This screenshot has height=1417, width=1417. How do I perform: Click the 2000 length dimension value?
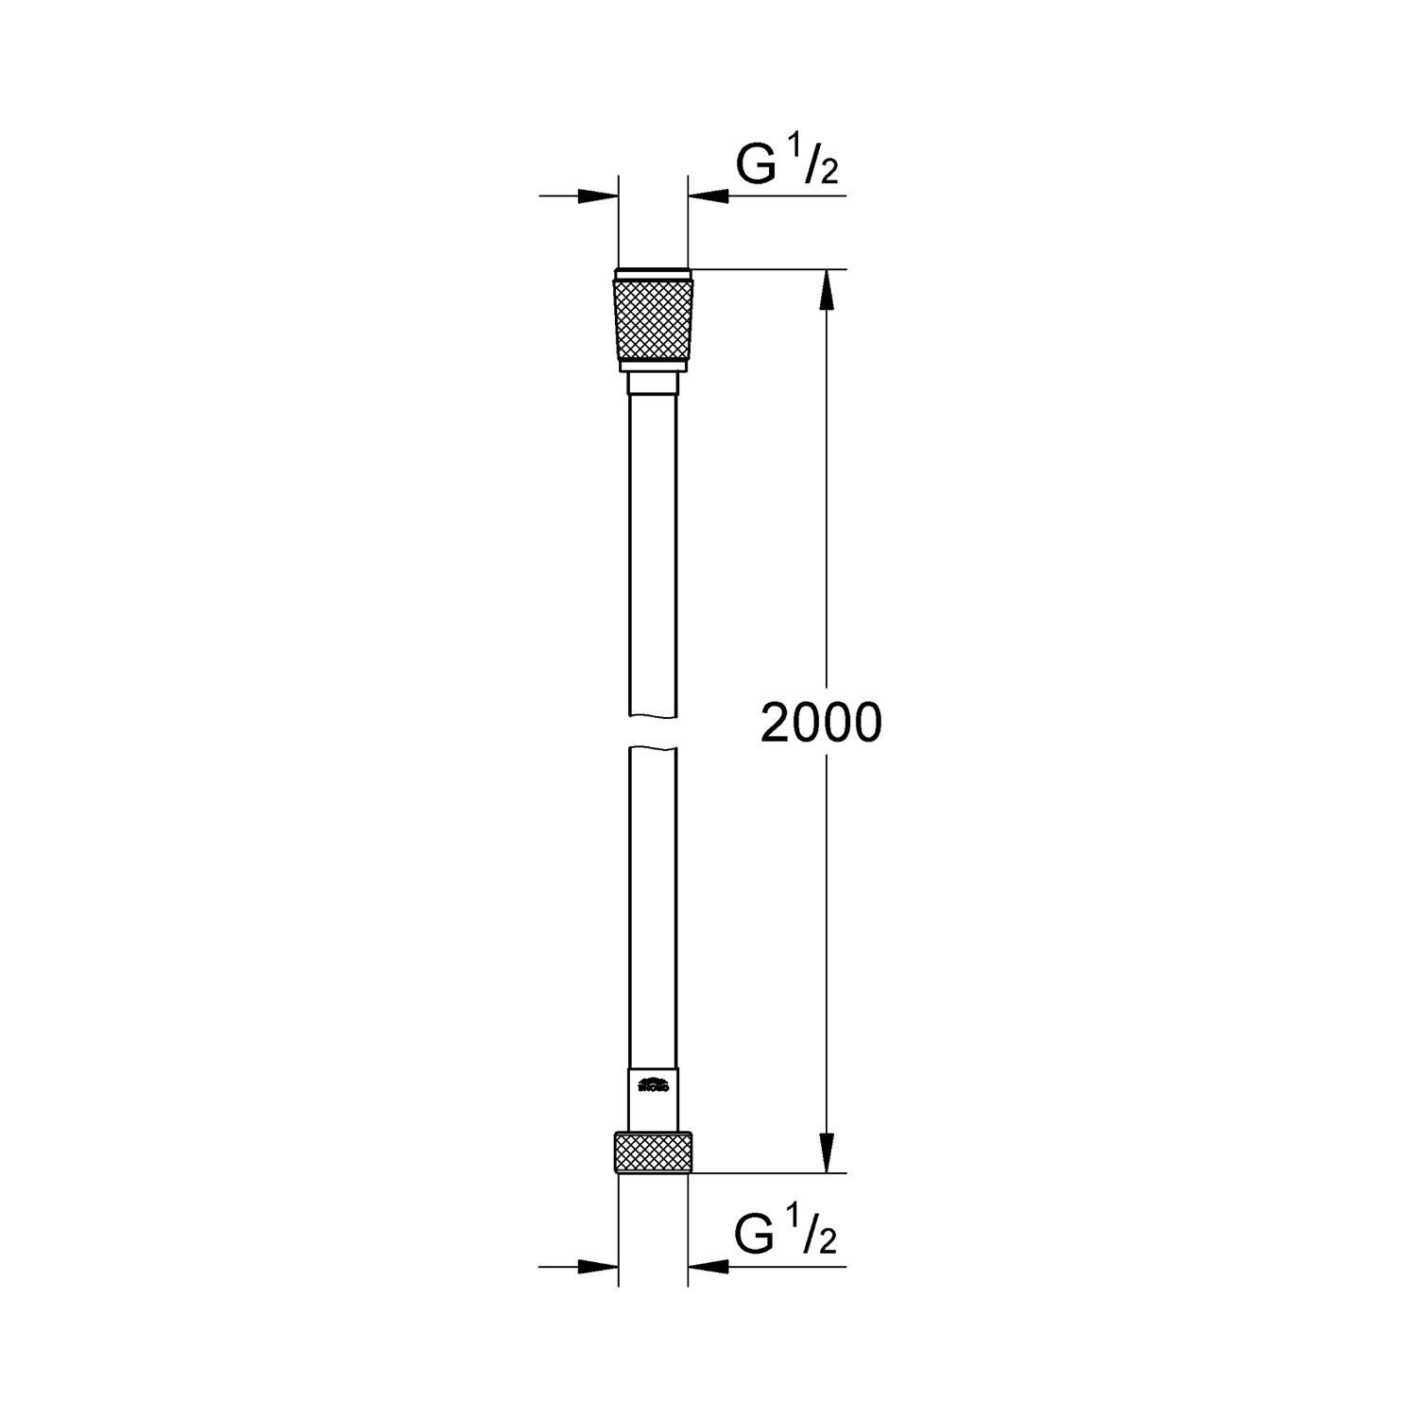(x=821, y=724)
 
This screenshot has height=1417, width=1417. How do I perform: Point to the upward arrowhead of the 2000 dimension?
(x=827, y=288)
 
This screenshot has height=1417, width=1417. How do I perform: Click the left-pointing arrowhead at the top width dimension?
(x=708, y=196)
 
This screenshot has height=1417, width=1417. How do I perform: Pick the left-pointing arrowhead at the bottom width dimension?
(x=708, y=1266)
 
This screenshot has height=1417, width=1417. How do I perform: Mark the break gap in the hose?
(x=653, y=731)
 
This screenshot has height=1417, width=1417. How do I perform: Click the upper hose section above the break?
(x=653, y=548)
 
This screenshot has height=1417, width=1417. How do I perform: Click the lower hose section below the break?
(x=653, y=897)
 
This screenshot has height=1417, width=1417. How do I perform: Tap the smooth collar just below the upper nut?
(x=653, y=384)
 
